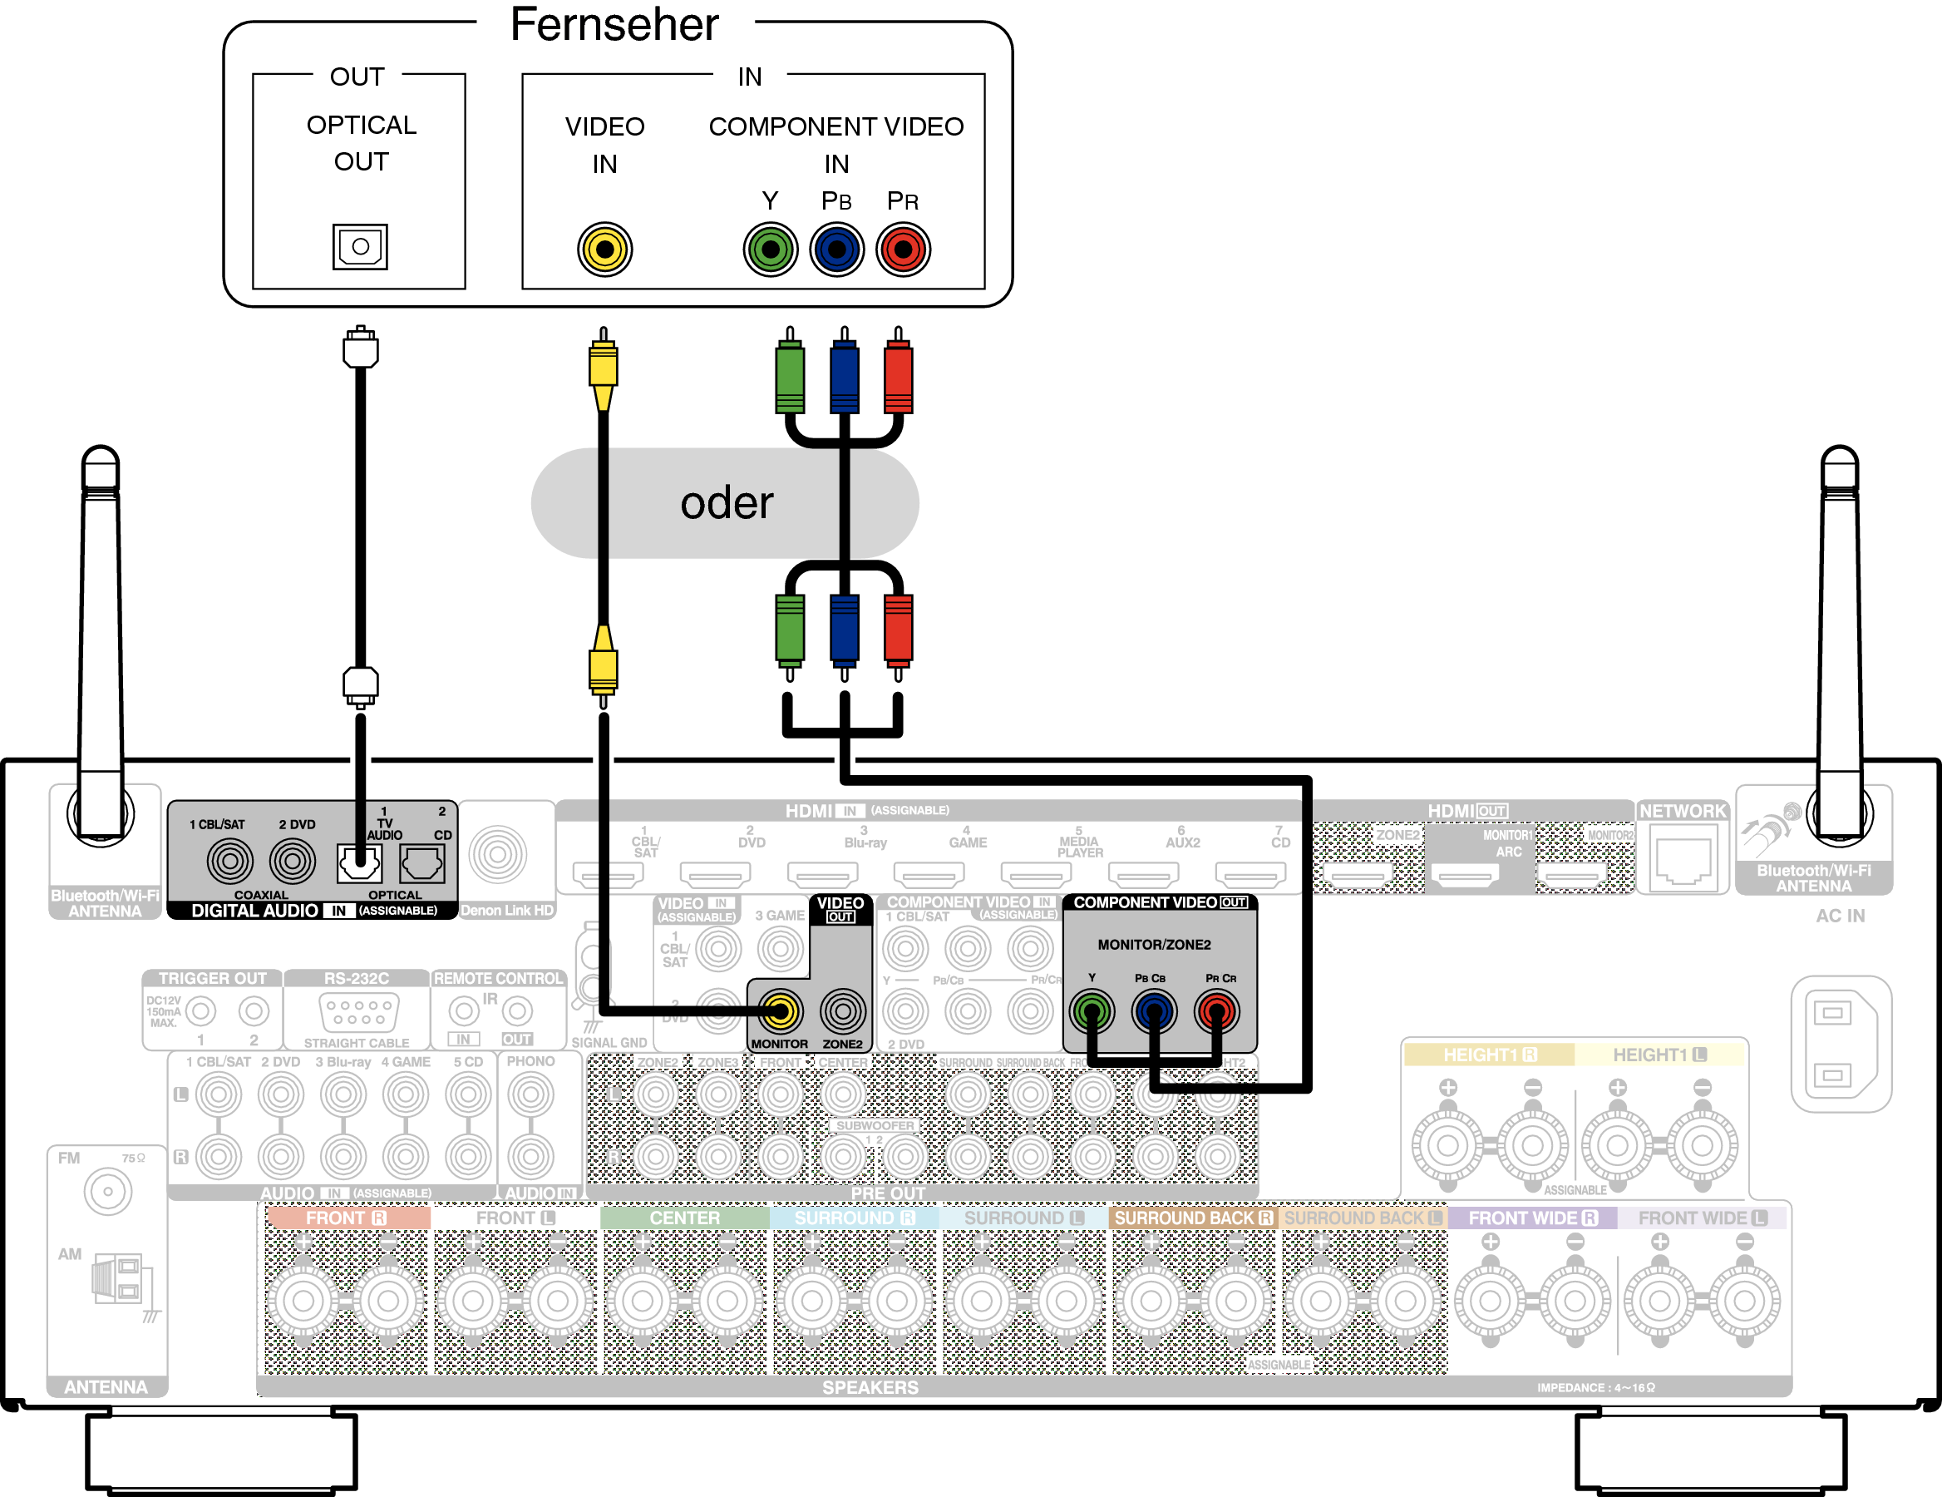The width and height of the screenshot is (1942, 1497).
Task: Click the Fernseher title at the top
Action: pos(614,25)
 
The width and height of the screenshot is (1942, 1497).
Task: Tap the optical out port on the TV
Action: pos(360,246)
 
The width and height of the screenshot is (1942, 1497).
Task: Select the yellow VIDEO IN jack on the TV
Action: pos(604,249)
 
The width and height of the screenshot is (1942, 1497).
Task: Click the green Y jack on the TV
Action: pos(770,249)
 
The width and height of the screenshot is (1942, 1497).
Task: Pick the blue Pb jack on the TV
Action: pos(836,249)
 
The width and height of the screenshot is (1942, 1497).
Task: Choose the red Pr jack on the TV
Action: pos(903,249)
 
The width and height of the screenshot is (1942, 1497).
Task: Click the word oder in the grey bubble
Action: pos(727,503)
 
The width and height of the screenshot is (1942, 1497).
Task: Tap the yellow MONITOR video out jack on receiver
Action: pos(780,1011)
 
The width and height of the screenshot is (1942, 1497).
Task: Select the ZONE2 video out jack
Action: pos(842,1011)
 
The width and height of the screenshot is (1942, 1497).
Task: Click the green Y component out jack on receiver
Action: pos(1092,1011)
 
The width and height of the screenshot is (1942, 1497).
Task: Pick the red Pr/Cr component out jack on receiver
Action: pos(1216,1011)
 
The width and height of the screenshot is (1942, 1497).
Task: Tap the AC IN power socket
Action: pos(1840,1044)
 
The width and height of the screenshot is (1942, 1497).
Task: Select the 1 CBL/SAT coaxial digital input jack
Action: pos(229,860)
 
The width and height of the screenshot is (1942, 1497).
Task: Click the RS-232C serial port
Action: pos(357,1012)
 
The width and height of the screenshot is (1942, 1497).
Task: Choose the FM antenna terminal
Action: pos(107,1192)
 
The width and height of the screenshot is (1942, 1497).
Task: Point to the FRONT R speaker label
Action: pos(346,1218)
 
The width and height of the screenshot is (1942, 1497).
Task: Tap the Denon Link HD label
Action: pos(507,910)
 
